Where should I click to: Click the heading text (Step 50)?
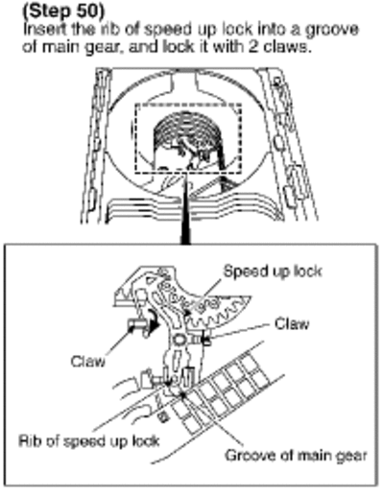63,11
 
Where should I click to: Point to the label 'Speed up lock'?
273,272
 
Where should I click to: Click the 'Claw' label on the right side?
292,324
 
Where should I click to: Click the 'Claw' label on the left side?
87,361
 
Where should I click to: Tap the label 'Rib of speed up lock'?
89,441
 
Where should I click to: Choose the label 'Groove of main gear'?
296,455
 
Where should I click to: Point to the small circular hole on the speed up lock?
179,340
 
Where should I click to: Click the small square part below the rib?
163,416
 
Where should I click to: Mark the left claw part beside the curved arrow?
136,324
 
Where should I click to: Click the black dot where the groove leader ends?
182,395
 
